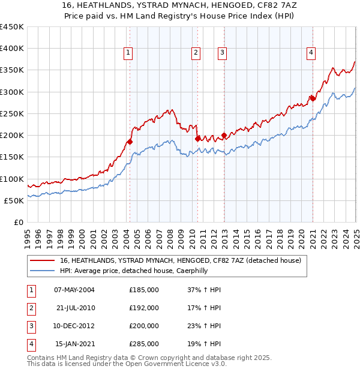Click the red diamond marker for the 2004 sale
coord(129,142)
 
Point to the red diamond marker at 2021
coord(312,98)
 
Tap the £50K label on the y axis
coord(14,200)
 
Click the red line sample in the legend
coord(42,261)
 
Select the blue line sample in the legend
coord(42,271)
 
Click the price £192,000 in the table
coord(144,308)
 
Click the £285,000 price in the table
coord(144,344)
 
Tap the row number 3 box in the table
coord(31,326)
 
